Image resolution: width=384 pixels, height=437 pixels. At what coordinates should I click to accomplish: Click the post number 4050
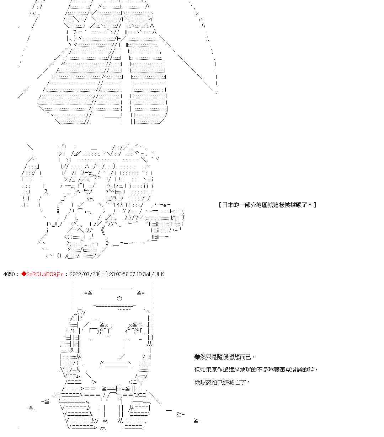click(x=9, y=274)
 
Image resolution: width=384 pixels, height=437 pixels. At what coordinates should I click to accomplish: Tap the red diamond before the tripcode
click(x=24, y=274)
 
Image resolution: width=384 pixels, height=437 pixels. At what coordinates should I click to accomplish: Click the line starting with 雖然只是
click(x=224, y=357)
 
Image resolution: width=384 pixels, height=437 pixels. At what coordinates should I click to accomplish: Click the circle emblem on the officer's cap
click(x=119, y=299)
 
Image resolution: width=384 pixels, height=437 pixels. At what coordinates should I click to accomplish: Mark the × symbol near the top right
click(x=197, y=14)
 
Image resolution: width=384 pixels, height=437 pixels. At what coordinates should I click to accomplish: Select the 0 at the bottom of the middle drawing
click(x=59, y=255)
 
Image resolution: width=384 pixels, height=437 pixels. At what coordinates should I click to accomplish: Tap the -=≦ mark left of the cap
click(x=87, y=293)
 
